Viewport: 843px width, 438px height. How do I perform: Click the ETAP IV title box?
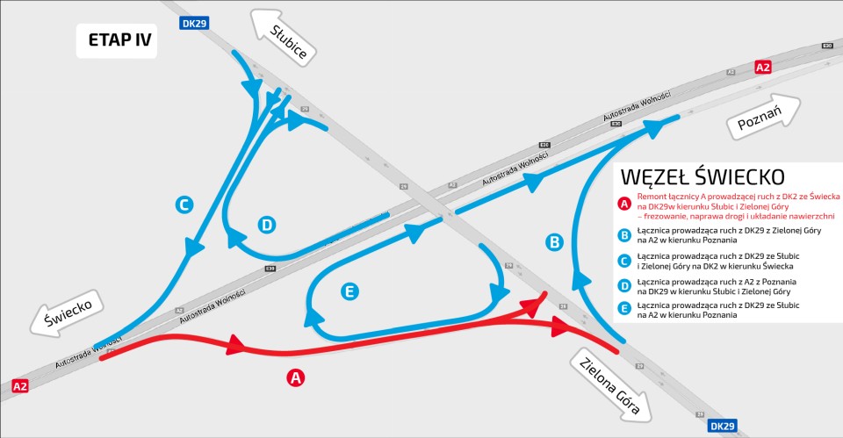tap(116, 40)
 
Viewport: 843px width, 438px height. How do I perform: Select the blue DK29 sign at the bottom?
tap(721, 426)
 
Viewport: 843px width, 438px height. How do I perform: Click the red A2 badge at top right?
tap(763, 68)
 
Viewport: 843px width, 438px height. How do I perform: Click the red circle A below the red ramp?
tap(296, 378)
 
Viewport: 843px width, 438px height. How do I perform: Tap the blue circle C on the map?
tap(183, 205)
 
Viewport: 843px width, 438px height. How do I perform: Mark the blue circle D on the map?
tap(267, 225)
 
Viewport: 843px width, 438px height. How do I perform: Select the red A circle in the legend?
tap(624, 204)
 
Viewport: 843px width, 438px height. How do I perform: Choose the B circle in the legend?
tap(624, 234)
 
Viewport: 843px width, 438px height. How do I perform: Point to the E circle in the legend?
tap(624, 308)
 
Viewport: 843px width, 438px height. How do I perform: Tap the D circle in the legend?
tap(624, 284)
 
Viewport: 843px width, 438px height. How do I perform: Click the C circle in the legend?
tap(624, 259)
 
